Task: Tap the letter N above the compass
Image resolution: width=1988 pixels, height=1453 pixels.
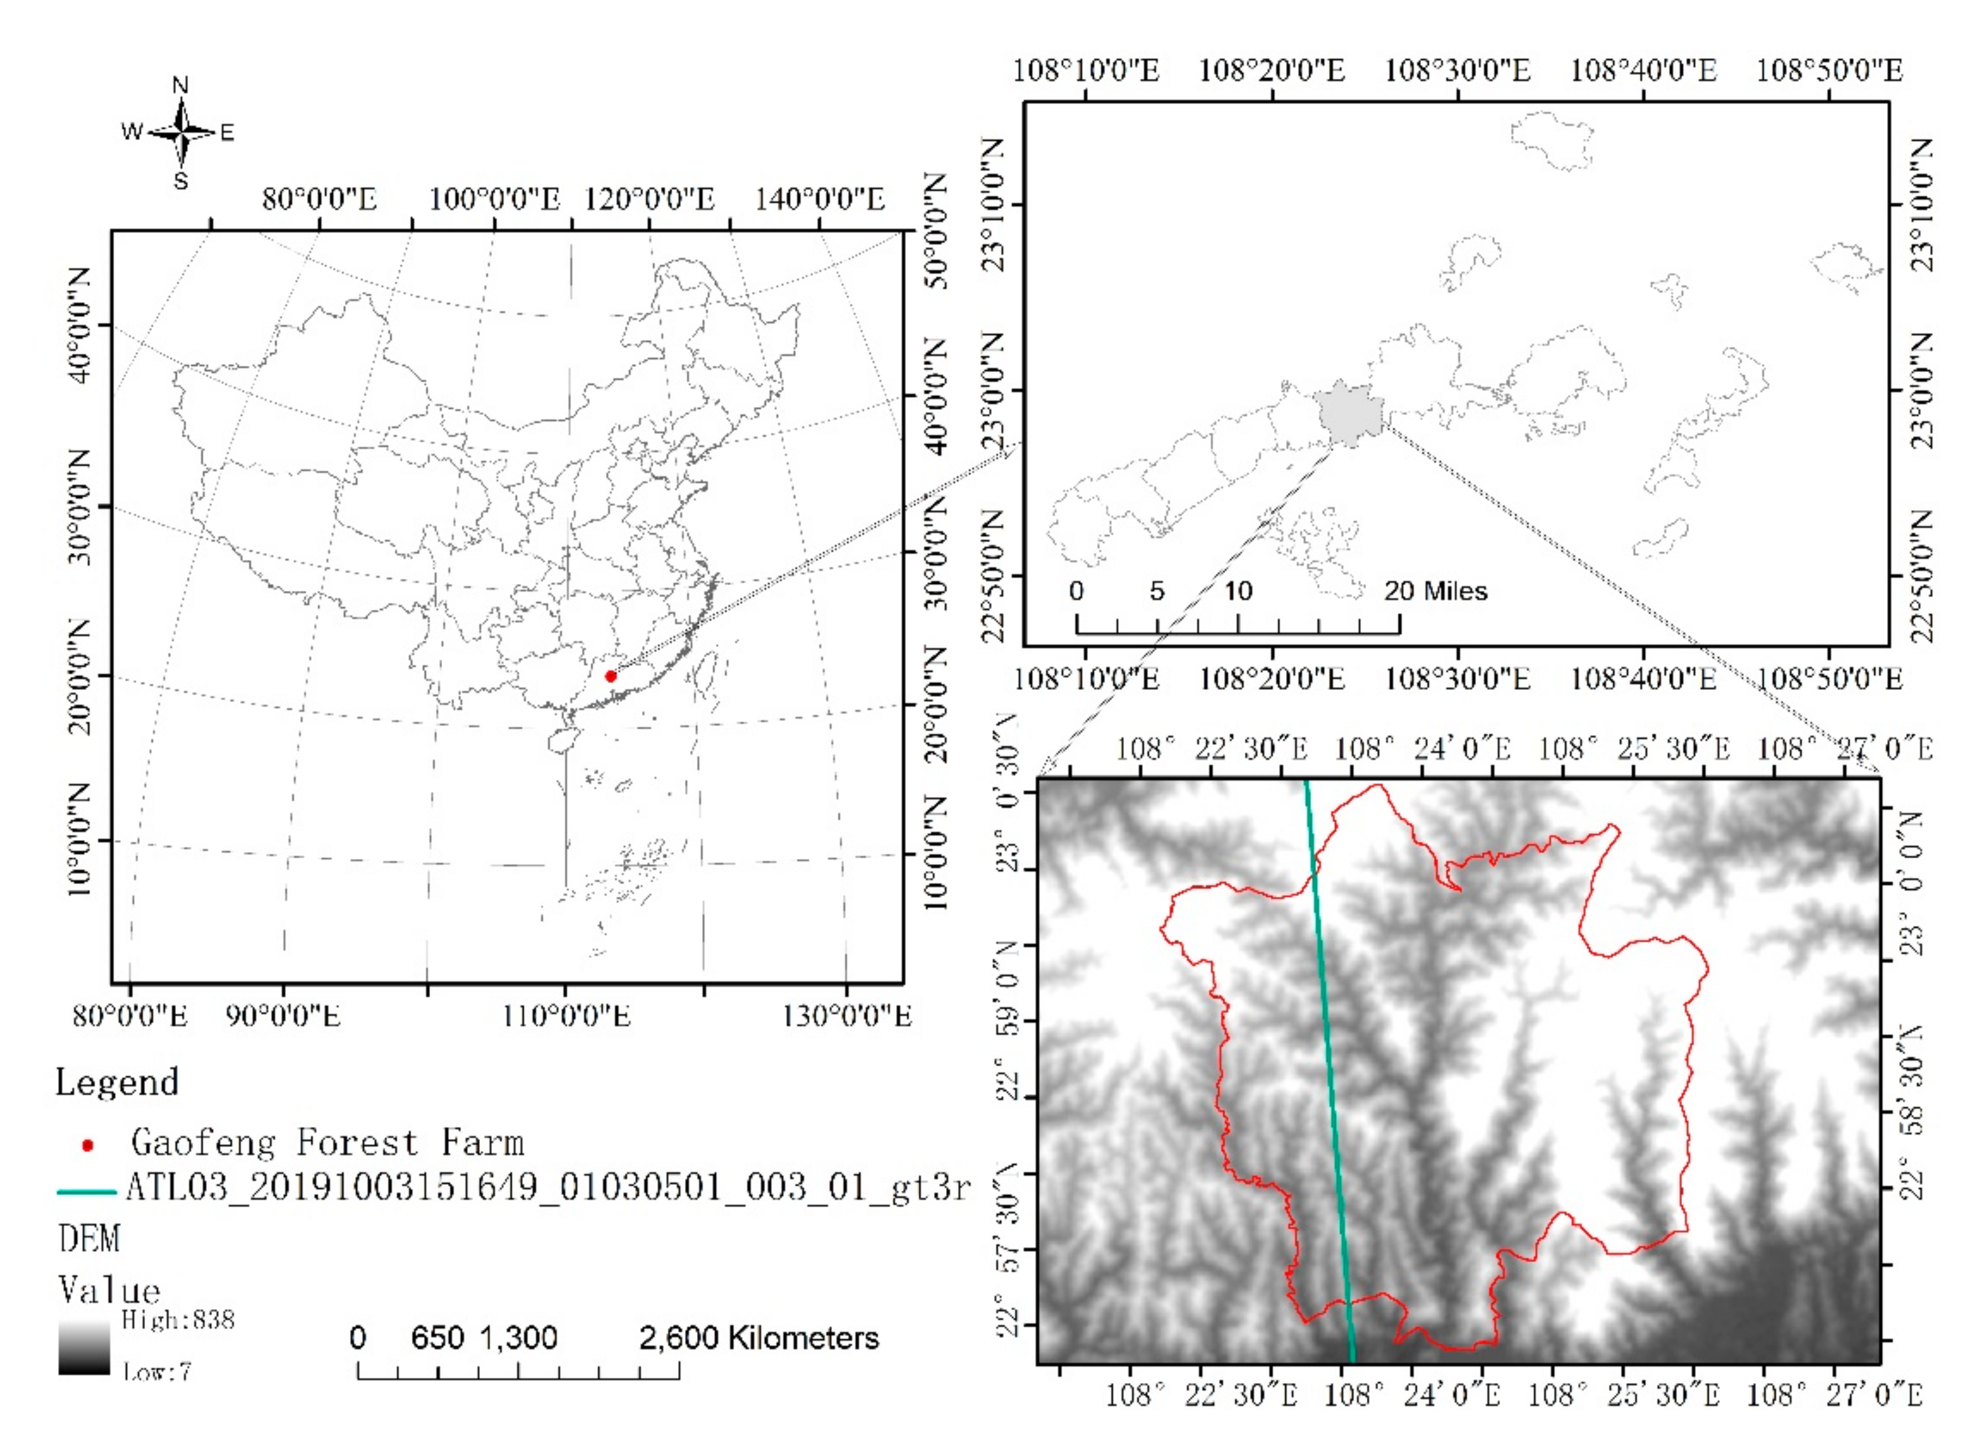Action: (x=180, y=85)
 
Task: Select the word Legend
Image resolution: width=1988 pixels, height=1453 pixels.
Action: (x=117, y=1082)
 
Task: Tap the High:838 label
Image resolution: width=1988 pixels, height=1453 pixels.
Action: (x=178, y=1319)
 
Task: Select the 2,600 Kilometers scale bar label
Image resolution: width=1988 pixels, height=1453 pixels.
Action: (x=758, y=1338)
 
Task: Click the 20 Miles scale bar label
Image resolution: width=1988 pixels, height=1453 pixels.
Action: (x=1435, y=590)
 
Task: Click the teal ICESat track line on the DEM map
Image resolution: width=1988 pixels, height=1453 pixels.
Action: (x=1329, y=1056)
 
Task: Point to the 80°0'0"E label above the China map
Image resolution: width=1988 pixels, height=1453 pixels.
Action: (x=319, y=199)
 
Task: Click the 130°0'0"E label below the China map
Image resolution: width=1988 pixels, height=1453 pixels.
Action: (x=847, y=1017)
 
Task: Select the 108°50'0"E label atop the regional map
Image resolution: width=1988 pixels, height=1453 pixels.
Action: (x=1830, y=69)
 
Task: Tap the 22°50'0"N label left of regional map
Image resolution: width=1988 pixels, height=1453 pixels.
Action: (x=993, y=576)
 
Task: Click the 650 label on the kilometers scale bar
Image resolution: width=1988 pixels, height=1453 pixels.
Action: (x=437, y=1338)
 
